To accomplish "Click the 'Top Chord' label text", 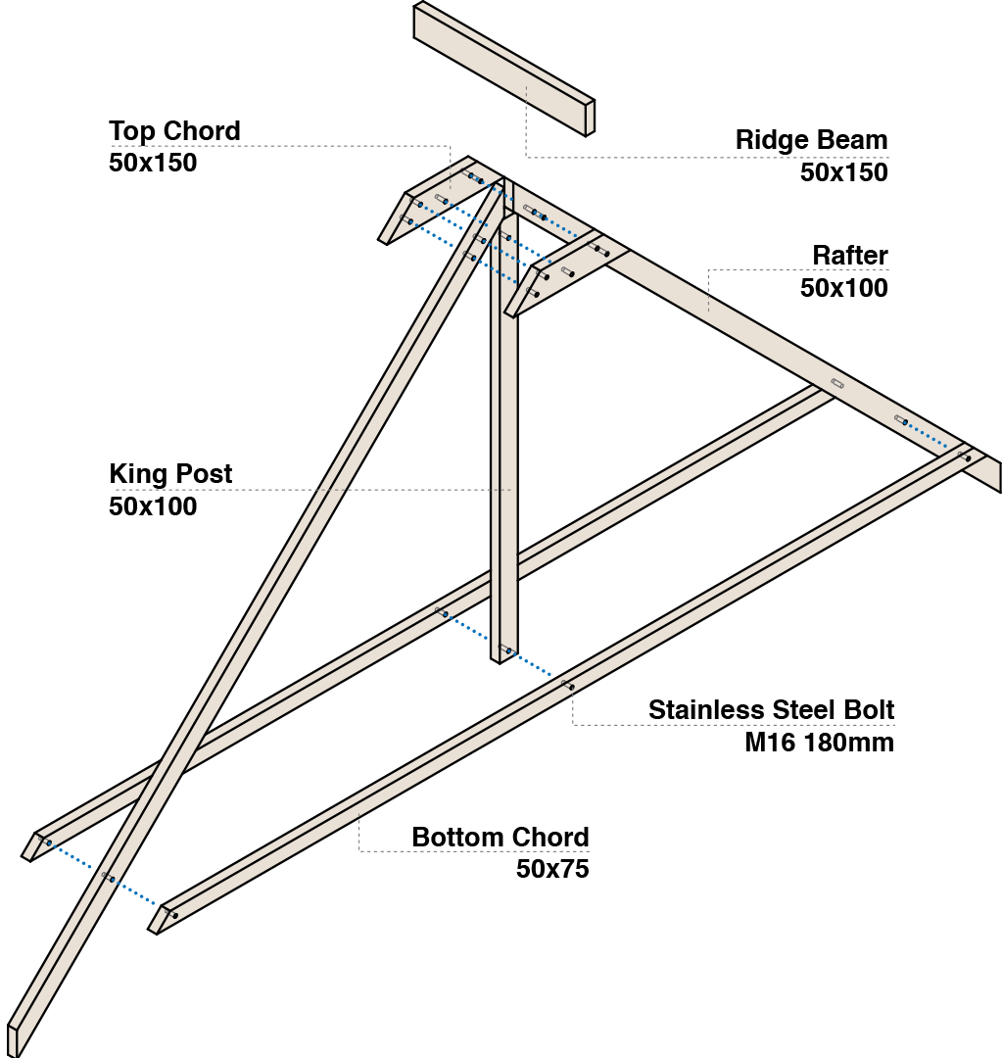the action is coord(174,131).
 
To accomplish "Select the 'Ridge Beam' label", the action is coord(812,140).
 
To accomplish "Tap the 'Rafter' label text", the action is coord(850,256).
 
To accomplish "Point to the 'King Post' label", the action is coord(170,474).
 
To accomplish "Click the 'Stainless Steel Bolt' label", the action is coord(771,710).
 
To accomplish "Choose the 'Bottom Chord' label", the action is coord(501,838).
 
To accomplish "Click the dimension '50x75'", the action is coord(552,868).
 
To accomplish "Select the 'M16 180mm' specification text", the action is coord(819,743).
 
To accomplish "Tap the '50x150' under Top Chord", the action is coord(153,163).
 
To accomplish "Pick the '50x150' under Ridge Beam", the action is coord(844,172).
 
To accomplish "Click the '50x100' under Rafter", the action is coord(844,288).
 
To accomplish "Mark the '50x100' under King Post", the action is coord(153,506).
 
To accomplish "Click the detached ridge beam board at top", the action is coord(504,69).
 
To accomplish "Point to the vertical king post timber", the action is coord(504,432).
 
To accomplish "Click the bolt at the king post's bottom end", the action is coord(506,649).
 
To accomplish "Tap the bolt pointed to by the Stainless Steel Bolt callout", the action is coord(568,686).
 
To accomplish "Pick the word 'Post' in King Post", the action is coord(204,474).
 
